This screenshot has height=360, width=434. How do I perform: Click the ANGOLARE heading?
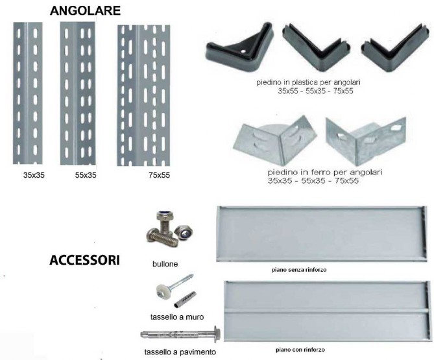click(85, 11)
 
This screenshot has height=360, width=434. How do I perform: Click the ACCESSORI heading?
click(85, 260)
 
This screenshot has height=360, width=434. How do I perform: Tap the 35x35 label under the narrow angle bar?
click(34, 175)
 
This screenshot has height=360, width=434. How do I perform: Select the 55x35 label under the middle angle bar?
click(86, 175)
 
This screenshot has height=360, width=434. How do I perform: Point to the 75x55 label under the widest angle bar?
click(159, 175)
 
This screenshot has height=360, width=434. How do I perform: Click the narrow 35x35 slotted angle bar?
click(28, 93)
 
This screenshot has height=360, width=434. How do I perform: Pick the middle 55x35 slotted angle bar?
click(78, 93)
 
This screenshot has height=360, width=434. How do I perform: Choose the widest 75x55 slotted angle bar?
click(143, 95)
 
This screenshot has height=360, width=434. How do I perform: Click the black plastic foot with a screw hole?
click(240, 47)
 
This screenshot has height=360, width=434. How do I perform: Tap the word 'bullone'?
click(165, 264)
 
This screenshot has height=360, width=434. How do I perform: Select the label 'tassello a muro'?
click(177, 317)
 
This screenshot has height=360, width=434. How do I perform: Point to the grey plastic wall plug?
click(185, 299)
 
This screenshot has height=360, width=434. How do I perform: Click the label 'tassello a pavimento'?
click(180, 352)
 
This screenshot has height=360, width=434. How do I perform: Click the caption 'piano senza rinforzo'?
click(299, 270)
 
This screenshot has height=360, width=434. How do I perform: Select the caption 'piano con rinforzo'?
click(300, 350)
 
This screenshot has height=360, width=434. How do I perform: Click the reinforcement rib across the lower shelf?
click(327, 311)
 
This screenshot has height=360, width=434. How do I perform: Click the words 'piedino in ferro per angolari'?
click(325, 172)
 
